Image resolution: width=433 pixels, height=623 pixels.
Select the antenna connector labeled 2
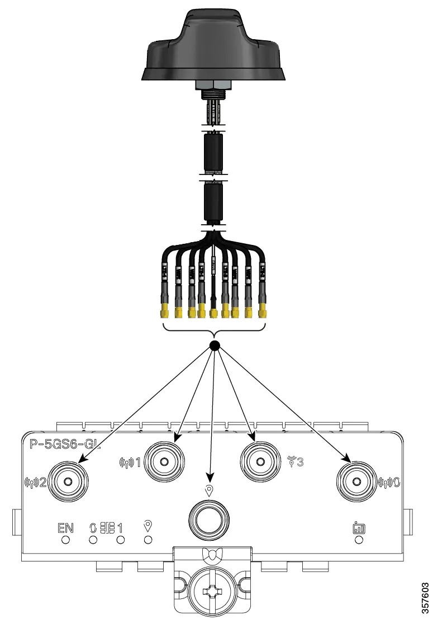pos(68,482)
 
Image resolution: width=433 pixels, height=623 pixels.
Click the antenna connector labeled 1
pos(165,461)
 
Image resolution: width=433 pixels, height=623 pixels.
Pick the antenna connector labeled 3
pos(259,461)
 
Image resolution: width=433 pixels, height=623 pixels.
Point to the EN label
pos(65,527)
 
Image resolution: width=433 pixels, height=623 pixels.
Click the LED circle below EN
pos(65,540)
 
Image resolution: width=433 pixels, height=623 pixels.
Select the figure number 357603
pos(425,598)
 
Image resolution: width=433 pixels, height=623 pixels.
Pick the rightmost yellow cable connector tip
pos(261,309)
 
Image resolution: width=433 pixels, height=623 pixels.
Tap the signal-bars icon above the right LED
pos(359,527)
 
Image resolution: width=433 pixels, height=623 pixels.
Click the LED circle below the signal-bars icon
pos(359,540)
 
